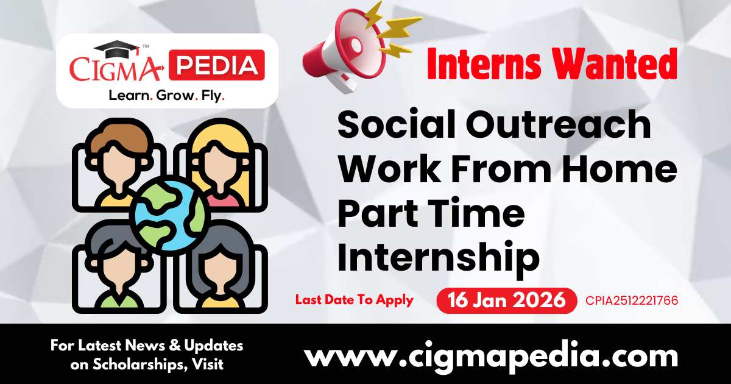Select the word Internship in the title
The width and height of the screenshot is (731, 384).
click(x=439, y=257)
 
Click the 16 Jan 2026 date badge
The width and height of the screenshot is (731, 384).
click(x=506, y=300)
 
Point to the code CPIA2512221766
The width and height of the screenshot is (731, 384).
click(x=632, y=300)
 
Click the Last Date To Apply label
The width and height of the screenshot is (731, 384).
click(x=354, y=300)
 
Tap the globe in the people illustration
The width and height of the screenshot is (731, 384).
click(x=169, y=213)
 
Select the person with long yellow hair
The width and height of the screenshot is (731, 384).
click(x=220, y=158)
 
